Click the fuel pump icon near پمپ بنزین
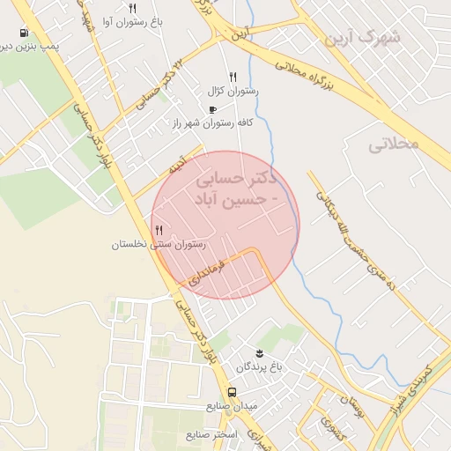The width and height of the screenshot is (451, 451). [22, 33]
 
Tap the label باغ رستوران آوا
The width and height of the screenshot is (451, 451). [132, 19]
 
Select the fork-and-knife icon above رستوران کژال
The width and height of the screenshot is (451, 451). [233, 77]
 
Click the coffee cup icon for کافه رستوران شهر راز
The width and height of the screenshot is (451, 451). [211, 109]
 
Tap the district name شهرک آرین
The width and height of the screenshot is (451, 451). [362, 37]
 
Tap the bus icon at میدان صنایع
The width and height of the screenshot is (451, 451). [231, 392]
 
